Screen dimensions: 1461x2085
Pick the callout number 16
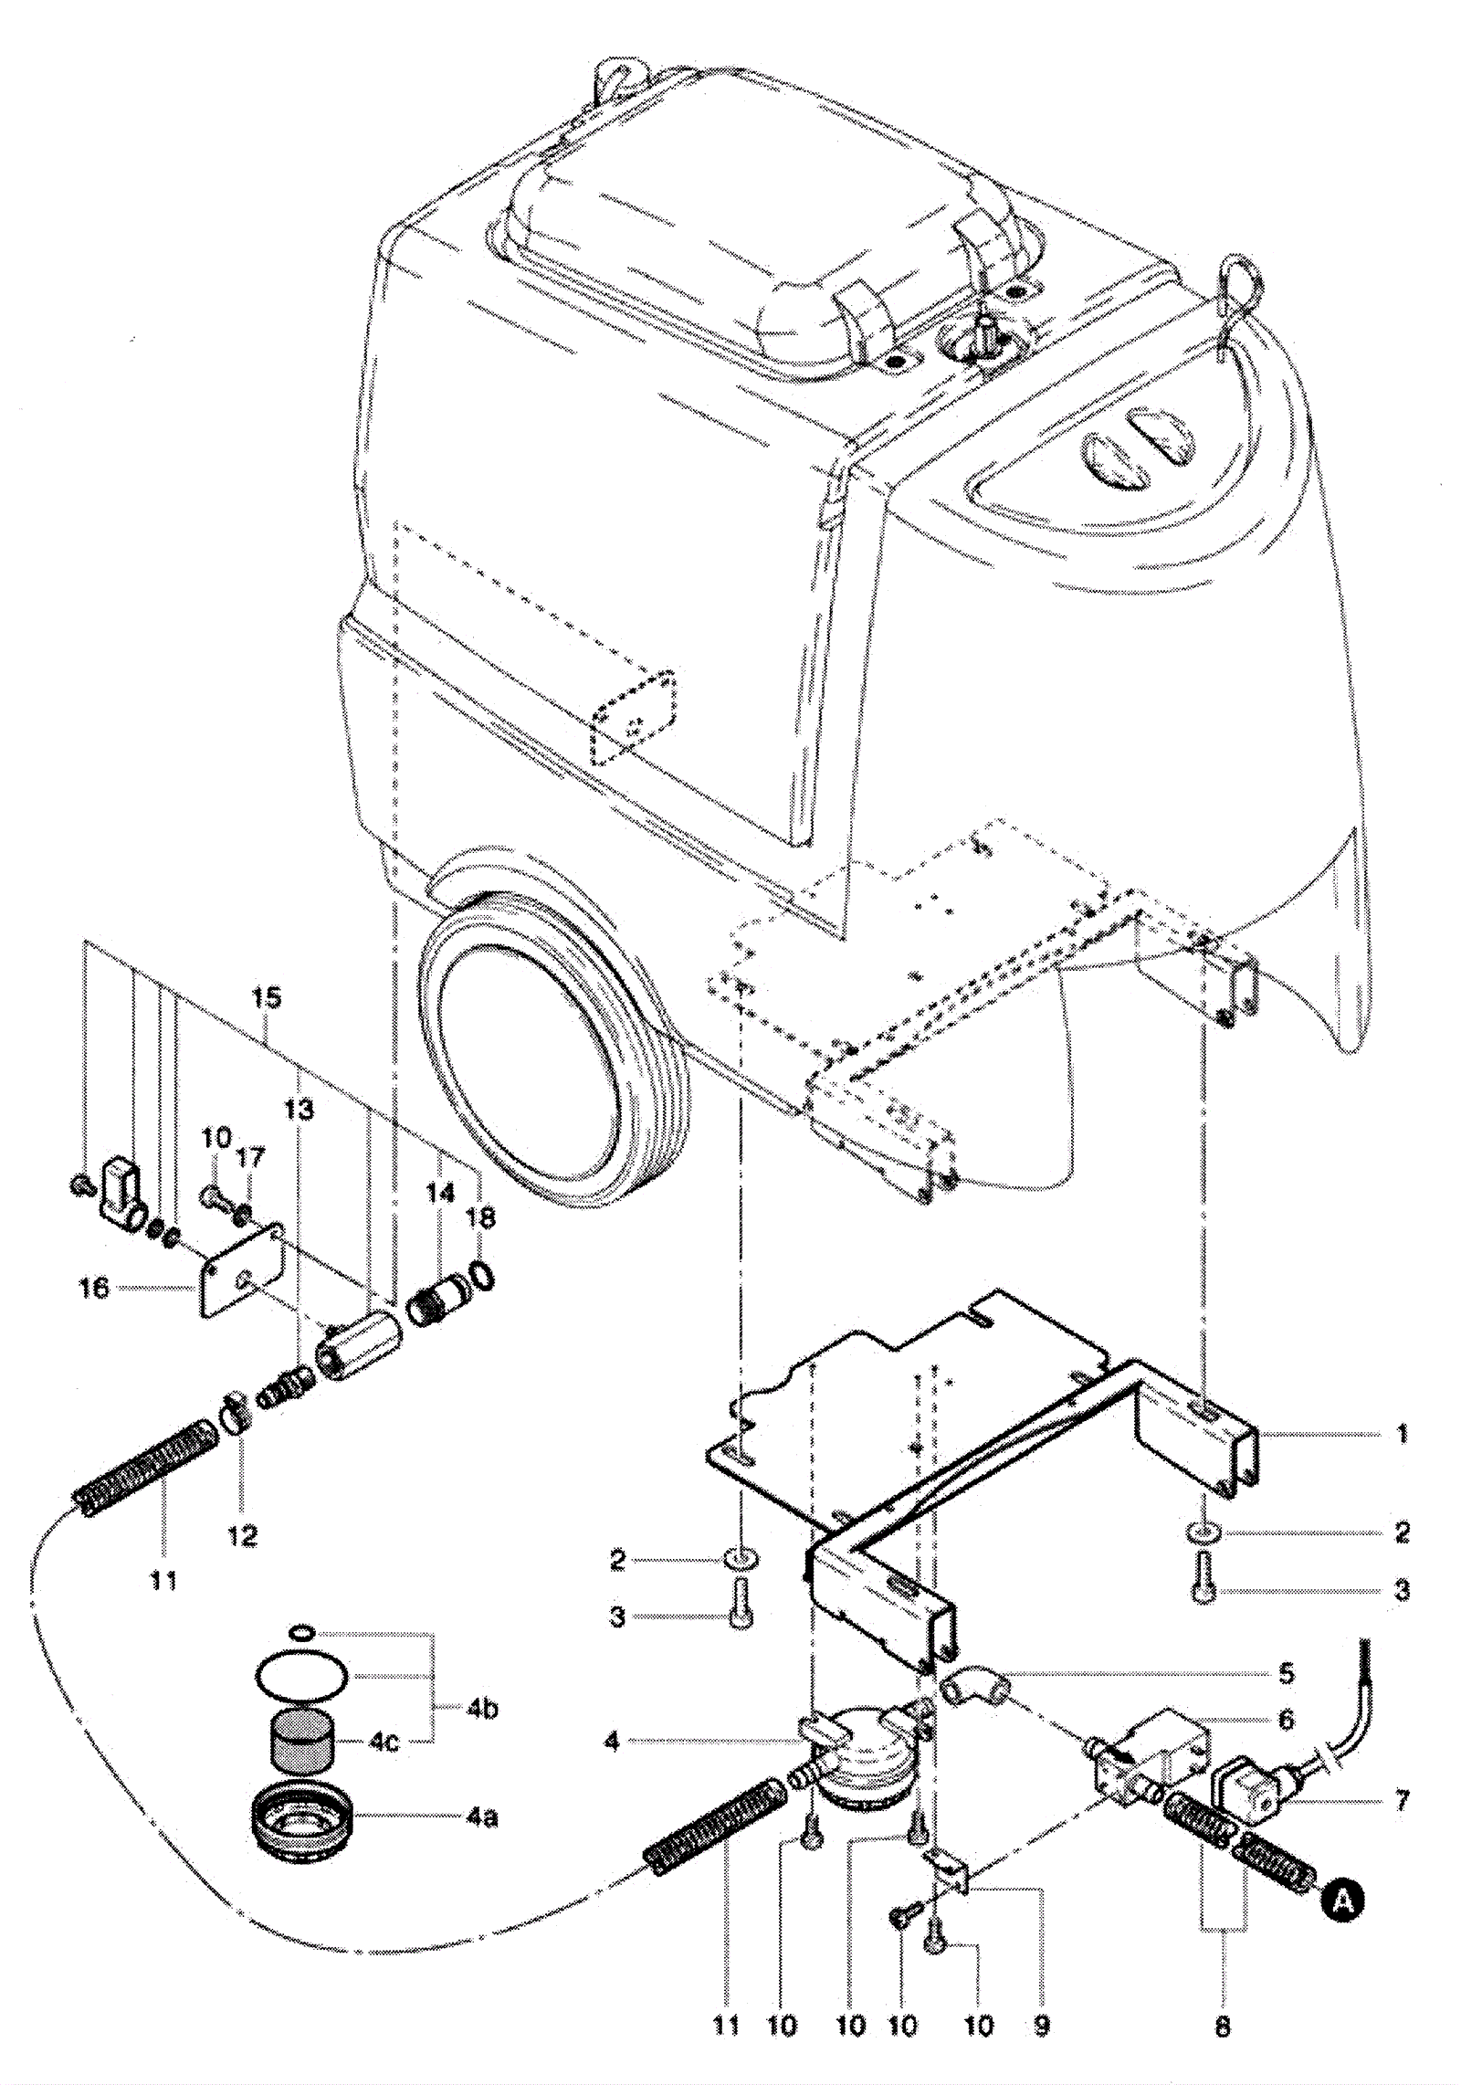[x=94, y=1289]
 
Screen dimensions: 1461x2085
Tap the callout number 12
[x=242, y=1534]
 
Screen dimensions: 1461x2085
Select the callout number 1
[x=1403, y=1433]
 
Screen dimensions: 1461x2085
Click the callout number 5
[x=1286, y=1673]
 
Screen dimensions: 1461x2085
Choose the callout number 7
[x=1402, y=1800]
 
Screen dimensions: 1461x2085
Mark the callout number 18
[x=481, y=1217]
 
